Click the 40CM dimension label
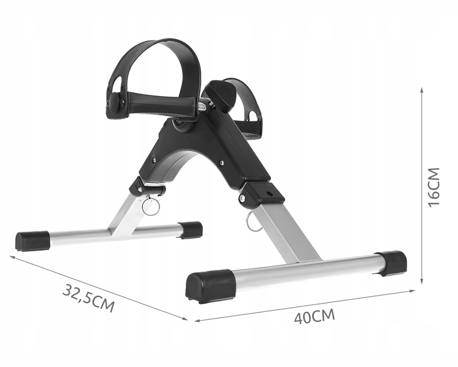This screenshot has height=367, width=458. point(314,316)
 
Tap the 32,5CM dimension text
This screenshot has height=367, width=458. point(89,298)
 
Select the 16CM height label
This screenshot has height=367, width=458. point(434,187)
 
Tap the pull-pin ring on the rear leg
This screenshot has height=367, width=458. point(151,206)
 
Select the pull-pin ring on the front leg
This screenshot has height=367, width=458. point(252,221)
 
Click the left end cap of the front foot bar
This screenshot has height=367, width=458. point(210,286)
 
